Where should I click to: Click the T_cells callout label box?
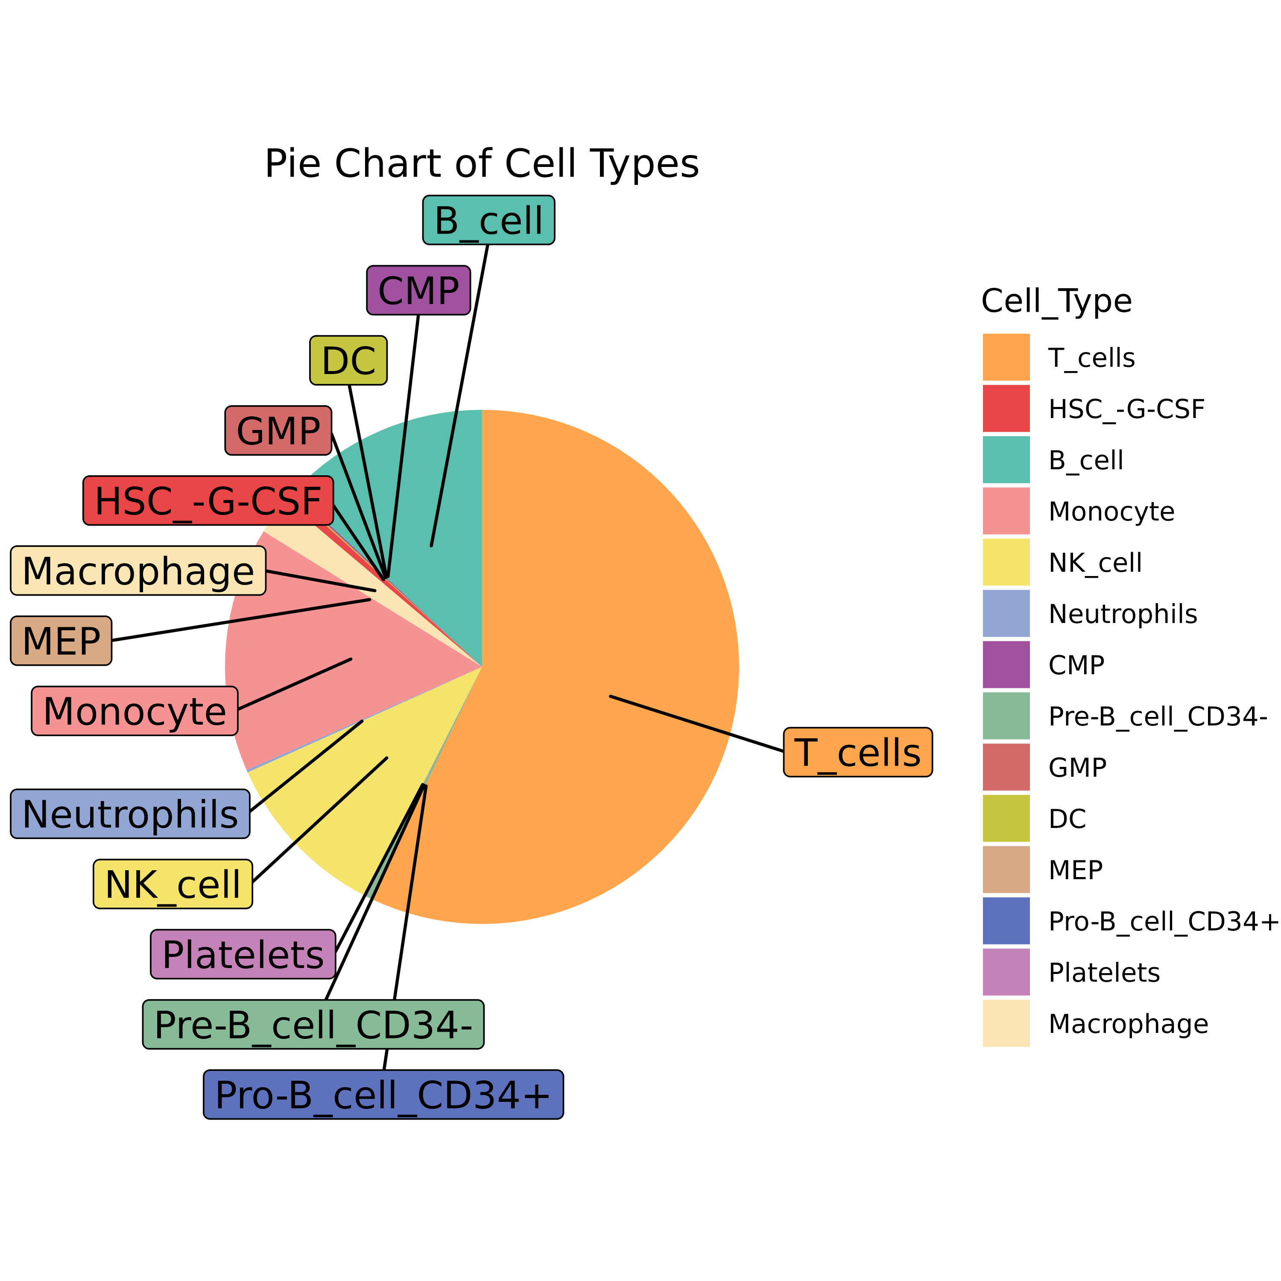tap(857, 752)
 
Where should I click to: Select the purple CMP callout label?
tap(418, 290)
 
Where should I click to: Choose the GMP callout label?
tap(278, 431)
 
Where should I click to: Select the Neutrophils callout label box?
tap(130, 814)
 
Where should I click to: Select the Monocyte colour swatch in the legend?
tap(1006, 511)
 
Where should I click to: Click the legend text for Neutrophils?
tap(1123, 614)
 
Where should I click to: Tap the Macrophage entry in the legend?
tap(1128, 1024)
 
